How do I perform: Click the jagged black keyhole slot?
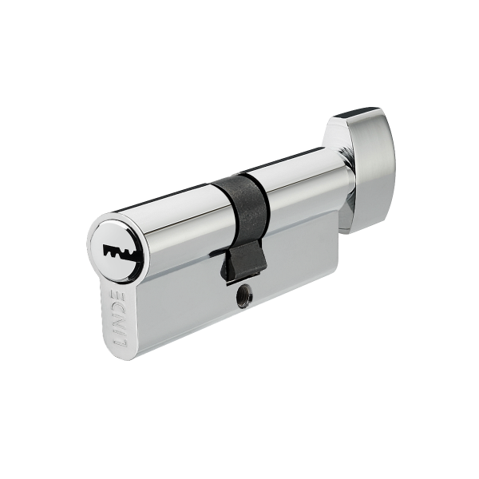(120, 252)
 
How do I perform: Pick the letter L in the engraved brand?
(120, 343)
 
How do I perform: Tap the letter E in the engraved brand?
(118, 296)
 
